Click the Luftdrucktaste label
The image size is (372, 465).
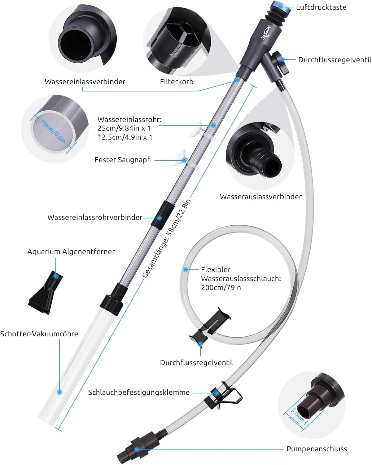[x=321, y=7]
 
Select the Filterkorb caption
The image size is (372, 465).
[x=177, y=82]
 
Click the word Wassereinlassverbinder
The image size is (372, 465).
[x=85, y=82]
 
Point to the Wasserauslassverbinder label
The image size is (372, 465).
[x=260, y=197]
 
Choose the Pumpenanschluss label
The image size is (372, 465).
[x=317, y=449]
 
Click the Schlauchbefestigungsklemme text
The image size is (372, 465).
[x=139, y=392]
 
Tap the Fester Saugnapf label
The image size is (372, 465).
[x=122, y=160]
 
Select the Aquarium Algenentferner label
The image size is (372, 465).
[x=71, y=251]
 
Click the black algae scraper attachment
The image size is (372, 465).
[x=46, y=293]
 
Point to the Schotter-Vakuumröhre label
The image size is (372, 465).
[x=39, y=334]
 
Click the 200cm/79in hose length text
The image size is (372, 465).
[x=221, y=287]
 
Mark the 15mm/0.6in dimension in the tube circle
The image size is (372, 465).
[x=53, y=131]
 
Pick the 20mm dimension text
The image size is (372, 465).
[x=294, y=420]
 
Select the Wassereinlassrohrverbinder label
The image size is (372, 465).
[x=95, y=217]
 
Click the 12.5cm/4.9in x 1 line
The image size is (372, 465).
[x=125, y=137]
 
